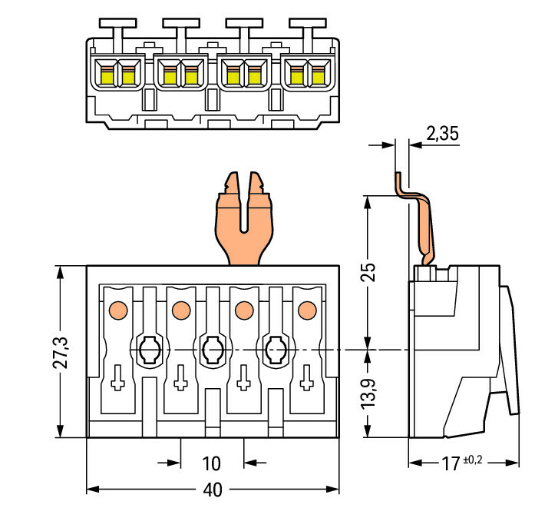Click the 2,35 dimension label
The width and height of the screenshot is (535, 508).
[442, 134]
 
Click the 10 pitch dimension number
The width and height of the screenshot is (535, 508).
[212, 463]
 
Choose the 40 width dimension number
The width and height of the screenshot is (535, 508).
[212, 490]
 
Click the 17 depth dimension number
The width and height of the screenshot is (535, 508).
[450, 463]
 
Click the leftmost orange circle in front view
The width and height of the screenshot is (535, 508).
[117, 310]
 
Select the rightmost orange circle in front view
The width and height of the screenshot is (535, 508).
[306, 310]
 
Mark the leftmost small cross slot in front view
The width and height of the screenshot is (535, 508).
[117, 378]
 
